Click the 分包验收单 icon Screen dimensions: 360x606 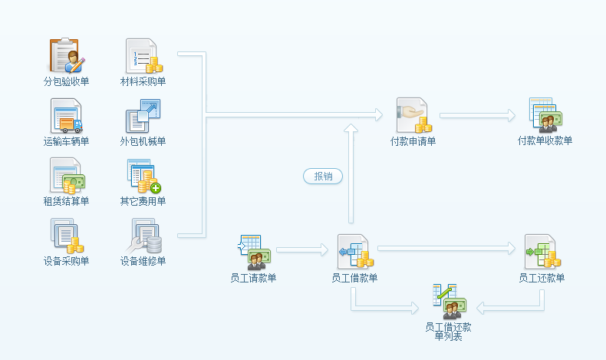point(67,54)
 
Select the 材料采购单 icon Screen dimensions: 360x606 point(143,55)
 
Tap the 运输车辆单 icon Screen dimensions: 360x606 point(67,116)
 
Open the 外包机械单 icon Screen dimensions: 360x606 point(143,116)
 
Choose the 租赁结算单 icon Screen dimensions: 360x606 point(67,176)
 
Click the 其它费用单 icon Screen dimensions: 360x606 point(143,176)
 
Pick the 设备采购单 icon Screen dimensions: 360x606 point(67,236)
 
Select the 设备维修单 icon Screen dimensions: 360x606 point(143,236)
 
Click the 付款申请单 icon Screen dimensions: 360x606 point(413,115)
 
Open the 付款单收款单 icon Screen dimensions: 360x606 point(545,115)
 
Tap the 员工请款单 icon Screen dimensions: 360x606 point(252,252)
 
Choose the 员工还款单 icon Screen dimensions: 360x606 point(542,252)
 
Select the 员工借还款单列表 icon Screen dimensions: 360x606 point(448,301)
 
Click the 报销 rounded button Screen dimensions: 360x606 point(323,177)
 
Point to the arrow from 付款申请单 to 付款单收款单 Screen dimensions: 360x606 point(477,115)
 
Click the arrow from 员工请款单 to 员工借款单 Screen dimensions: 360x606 point(301,249)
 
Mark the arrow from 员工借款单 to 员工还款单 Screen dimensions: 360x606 point(447,248)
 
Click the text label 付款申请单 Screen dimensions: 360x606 point(413,141)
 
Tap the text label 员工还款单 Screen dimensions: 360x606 point(542,278)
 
